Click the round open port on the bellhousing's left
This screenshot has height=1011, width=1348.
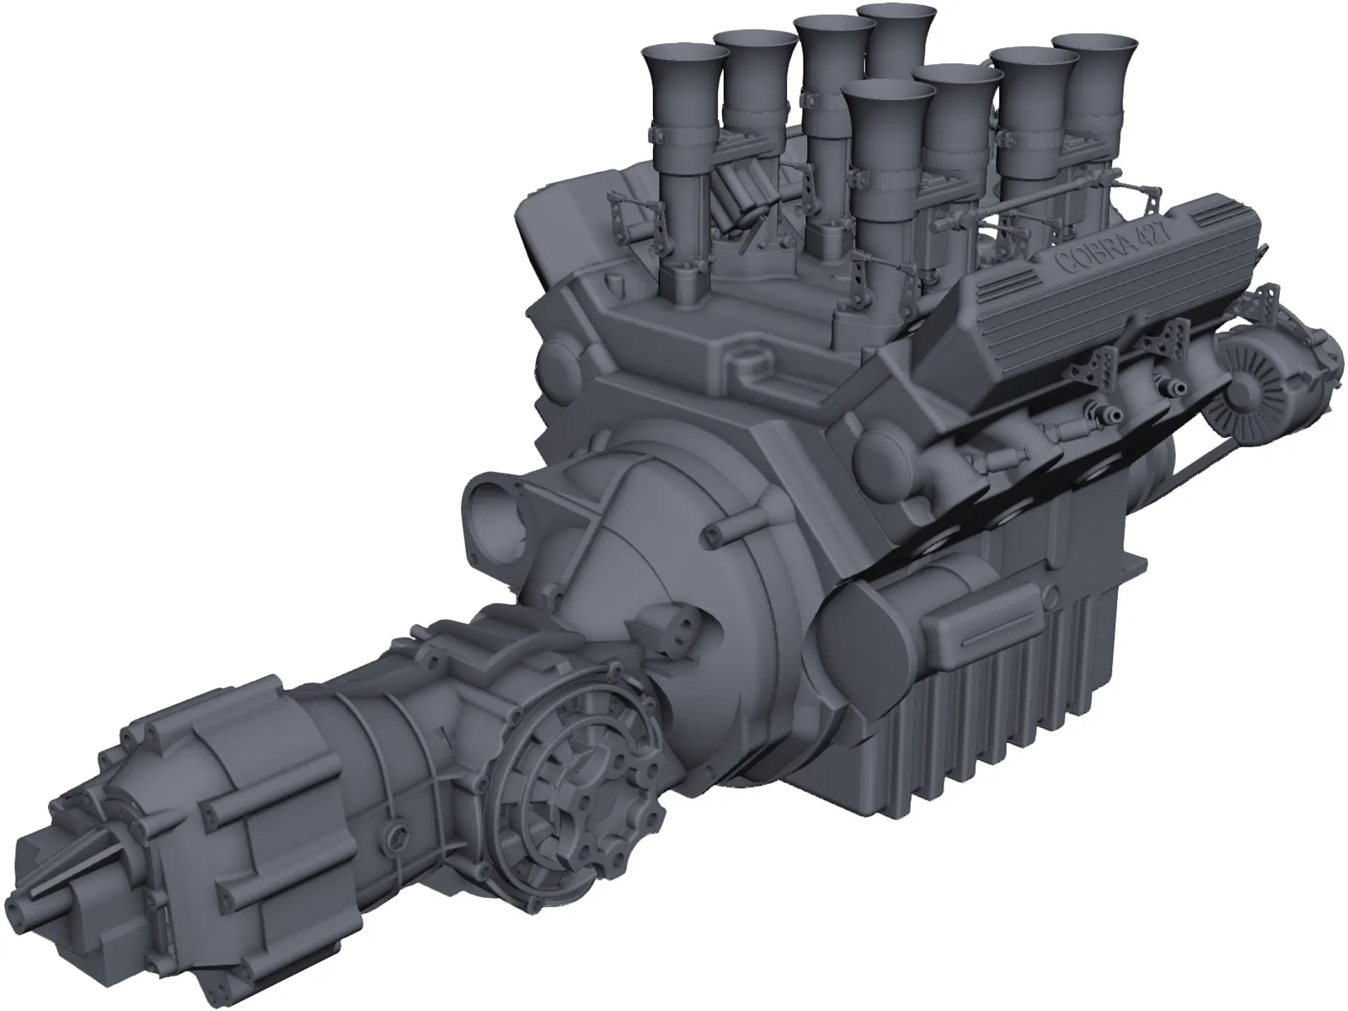[x=498, y=500]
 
